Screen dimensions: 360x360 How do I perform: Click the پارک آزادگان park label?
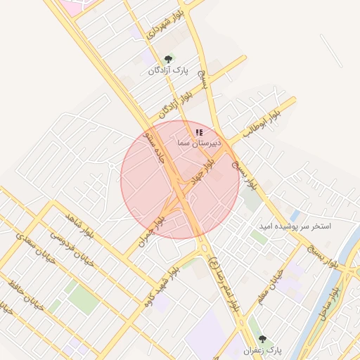tap(169, 70)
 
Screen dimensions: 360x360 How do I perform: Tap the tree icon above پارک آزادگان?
tap(168, 60)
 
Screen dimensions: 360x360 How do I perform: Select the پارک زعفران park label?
tap(262, 349)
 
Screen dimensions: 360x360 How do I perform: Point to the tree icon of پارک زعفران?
tap(262, 339)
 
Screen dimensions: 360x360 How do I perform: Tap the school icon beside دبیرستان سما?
tap(200, 131)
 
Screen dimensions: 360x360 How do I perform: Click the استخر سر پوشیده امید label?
tap(302, 227)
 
